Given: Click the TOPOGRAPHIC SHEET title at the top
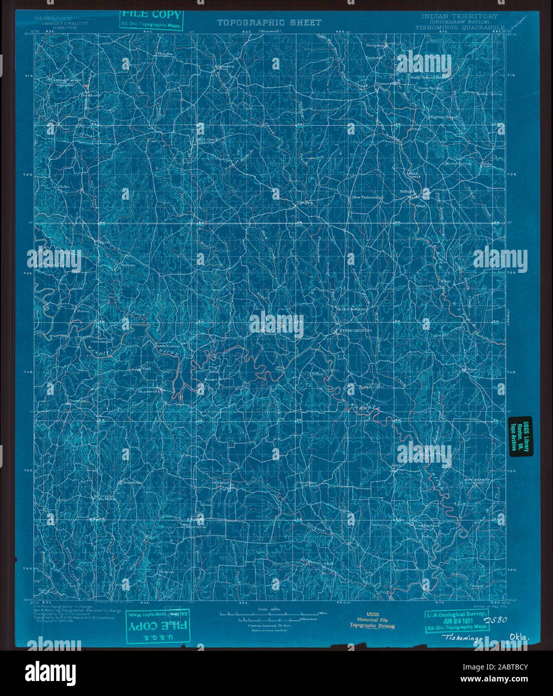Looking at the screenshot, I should (269, 23).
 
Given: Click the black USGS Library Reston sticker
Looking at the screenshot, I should (520, 436).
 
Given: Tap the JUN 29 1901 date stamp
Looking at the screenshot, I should (457, 620).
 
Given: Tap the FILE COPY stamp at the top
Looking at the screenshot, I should (150, 19).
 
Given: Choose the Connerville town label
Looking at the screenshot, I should (386, 84).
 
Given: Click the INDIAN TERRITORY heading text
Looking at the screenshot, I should (459, 16).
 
